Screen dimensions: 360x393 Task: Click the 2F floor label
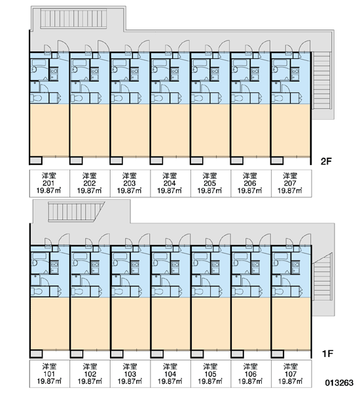tap(326, 161)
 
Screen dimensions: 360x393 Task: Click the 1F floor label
tap(327, 354)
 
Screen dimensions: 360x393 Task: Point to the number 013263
tap(339, 383)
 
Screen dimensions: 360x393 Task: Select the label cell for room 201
tap(50, 183)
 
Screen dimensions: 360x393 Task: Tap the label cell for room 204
tap(170, 183)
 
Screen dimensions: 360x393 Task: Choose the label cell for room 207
tap(291, 183)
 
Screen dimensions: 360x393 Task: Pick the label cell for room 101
tap(50, 374)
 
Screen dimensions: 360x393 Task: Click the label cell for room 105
tap(211, 374)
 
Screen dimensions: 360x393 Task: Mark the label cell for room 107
tap(291, 374)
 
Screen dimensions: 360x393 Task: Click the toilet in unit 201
tap(36, 98)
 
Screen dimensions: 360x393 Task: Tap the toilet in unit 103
tap(117, 291)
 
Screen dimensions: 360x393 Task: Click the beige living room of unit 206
tap(250, 130)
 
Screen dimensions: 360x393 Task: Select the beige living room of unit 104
tap(170, 324)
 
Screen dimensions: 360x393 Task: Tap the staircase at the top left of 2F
tap(73, 18)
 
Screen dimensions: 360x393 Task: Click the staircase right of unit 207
tap(322, 81)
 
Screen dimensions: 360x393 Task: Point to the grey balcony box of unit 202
tap(76, 160)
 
